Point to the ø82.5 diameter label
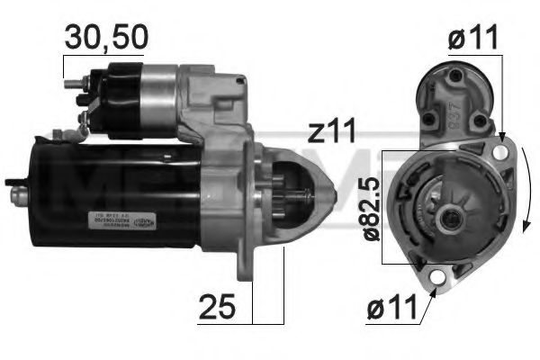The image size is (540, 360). point(369,207)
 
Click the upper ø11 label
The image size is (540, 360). point(472,39)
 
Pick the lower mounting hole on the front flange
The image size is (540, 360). point(440,278)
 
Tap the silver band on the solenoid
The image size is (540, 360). point(157,95)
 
